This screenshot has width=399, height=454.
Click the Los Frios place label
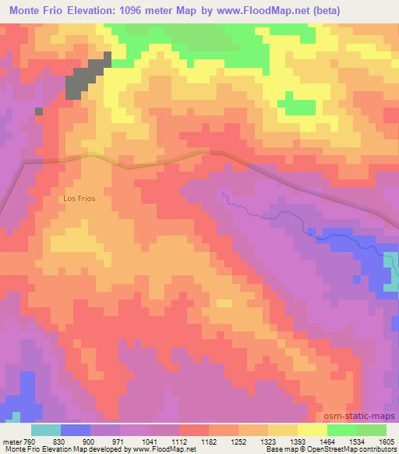tap(79, 199)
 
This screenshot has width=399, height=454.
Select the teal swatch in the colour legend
tap(46, 430)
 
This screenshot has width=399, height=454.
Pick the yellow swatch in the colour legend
tap(312, 430)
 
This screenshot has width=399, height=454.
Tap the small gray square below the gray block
tap(38, 111)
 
